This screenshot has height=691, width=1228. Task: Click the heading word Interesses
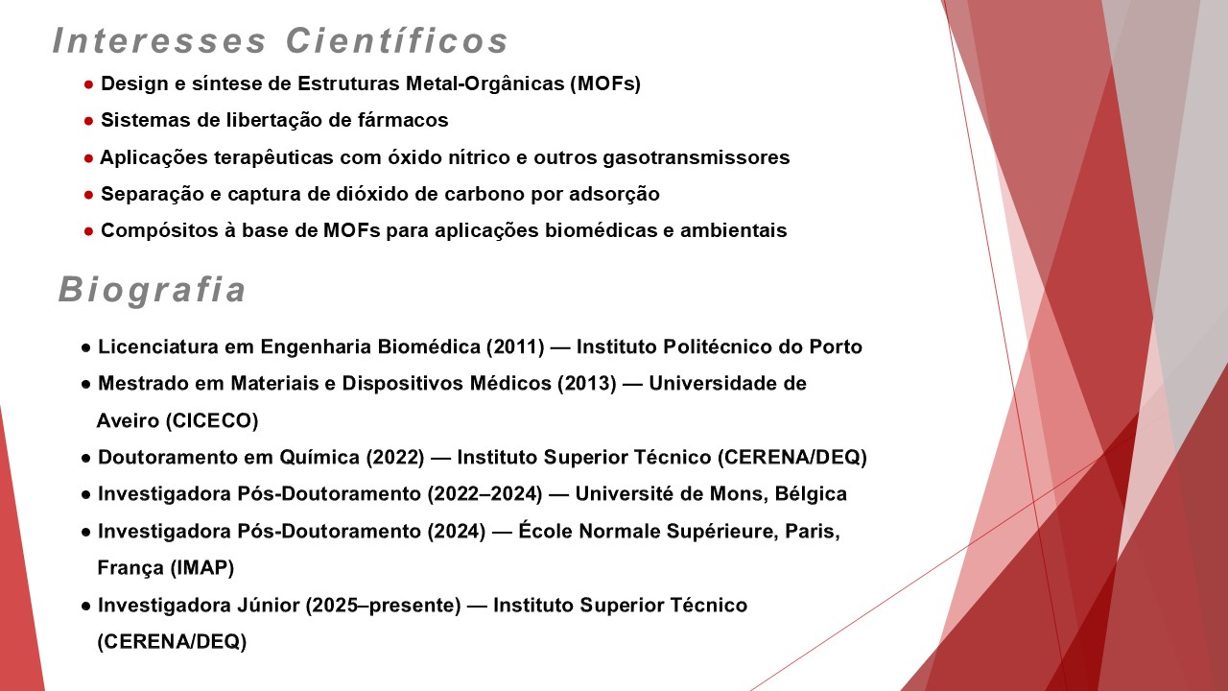click(x=159, y=40)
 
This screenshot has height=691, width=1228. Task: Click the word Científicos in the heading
click(x=397, y=40)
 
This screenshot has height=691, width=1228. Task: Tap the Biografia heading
click(x=152, y=290)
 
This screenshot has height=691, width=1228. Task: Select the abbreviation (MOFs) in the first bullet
click(x=605, y=83)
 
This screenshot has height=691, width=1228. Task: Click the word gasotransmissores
click(x=697, y=158)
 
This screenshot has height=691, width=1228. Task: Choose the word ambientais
click(x=734, y=230)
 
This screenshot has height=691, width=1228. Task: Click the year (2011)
click(x=515, y=347)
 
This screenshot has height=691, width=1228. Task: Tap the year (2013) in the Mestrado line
click(x=587, y=383)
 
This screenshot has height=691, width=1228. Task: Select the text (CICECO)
click(x=212, y=420)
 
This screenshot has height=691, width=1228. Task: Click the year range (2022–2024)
click(x=484, y=494)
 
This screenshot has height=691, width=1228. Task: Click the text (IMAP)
click(x=202, y=567)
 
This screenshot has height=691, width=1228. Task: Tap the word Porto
click(x=836, y=347)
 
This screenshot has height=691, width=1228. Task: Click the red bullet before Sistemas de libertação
click(x=89, y=121)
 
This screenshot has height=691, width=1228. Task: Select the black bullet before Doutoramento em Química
click(x=85, y=458)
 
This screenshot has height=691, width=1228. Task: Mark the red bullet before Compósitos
click(x=89, y=231)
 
